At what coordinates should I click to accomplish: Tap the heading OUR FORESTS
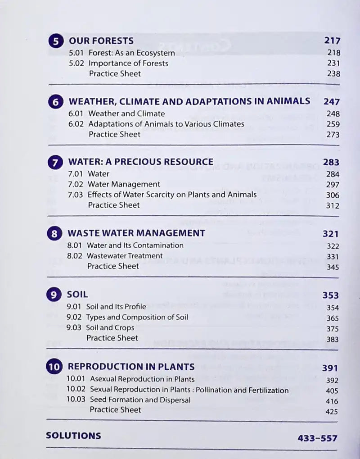coord(101,41)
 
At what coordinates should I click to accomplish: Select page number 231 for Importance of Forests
coord(334,64)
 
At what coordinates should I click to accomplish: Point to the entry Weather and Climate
coord(126,114)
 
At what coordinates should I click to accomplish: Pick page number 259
coord(333,124)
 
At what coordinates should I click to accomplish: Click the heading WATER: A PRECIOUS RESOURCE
coord(140,162)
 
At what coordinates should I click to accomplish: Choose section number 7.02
coord(76,184)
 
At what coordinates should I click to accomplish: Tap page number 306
coord(333,195)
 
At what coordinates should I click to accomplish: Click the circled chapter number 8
coord(54,234)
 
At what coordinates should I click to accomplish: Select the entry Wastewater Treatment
coord(125,256)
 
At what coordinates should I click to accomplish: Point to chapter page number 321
coord(331,234)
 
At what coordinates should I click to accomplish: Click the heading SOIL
coord(77,295)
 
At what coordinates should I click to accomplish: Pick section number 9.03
coord(75,328)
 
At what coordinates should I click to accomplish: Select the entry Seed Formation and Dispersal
coord(140,400)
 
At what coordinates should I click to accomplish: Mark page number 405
coord(332,391)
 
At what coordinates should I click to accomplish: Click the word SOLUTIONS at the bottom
coord(73,436)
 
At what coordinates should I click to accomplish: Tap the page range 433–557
coord(317,438)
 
